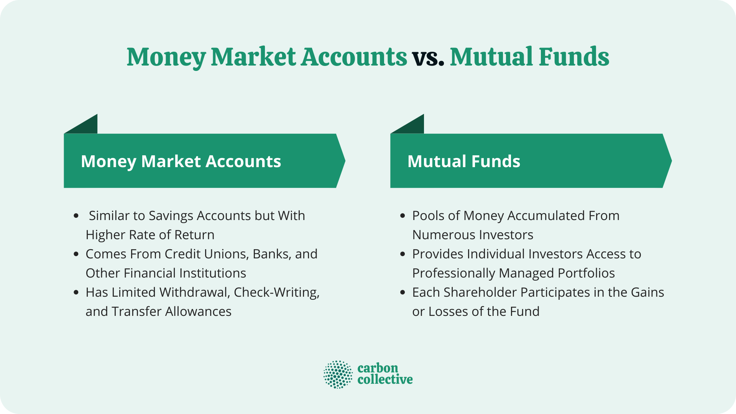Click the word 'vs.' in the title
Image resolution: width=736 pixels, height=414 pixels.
(x=428, y=58)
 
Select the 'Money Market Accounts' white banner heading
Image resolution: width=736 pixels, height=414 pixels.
(x=181, y=161)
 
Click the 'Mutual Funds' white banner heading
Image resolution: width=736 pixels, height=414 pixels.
(x=464, y=161)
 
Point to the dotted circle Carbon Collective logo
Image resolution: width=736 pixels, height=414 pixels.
(x=338, y=374)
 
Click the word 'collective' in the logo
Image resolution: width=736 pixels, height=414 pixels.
(x=385, y=379)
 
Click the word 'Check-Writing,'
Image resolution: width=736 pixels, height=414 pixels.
(x=276, y=292)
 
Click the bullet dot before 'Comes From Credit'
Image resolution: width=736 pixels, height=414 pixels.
(x=76, y=254)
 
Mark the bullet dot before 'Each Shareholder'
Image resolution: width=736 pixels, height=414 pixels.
(x=402, y=292)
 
